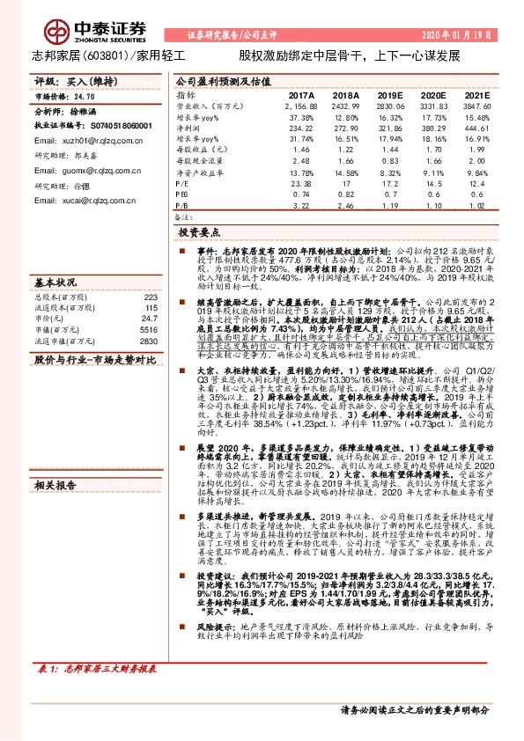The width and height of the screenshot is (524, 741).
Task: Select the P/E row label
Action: pyautogui.click(x=182, y=181)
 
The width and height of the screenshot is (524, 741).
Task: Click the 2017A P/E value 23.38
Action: pyautogui.click(x=302, y=181)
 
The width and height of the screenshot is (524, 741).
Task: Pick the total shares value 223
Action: pyautogui.click(x=149, y=273)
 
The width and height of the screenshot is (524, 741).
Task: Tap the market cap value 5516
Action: pyautogui.click(x=147, y=304)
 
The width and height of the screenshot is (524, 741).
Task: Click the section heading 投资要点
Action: pyautogui.click(x=199, y=233)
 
